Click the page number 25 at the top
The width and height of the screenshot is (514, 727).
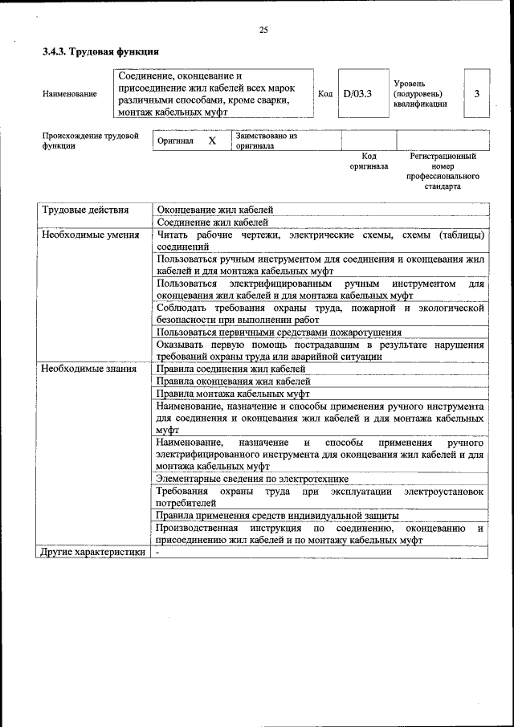[x=263, y=30]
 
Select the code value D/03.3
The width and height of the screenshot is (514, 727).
[x=357, y=94]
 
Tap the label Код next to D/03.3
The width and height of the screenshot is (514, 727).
[x=325, y=94]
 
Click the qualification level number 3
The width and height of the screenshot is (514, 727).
[x=477, y=94]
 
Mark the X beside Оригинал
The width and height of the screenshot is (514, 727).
[x=212, y=141]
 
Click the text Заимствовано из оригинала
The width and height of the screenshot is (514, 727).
[x=266, y=141]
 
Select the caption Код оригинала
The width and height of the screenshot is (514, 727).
[x=369, y=161]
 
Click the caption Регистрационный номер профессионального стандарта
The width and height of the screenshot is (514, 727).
[x=443, y=171]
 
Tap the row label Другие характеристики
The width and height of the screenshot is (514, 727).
[x=93, y=553]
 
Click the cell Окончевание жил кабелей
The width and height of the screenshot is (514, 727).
[x=215, y=210]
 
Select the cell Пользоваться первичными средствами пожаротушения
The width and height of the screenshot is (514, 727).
[x=279, y=332]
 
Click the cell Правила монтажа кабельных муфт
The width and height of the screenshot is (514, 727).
[x=233, y=394]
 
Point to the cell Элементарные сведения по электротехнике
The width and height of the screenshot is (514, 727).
[x=252, y=479]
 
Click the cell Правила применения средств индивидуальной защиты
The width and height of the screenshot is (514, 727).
[x=278, y=516]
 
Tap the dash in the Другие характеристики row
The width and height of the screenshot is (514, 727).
[x=158, y=553]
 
